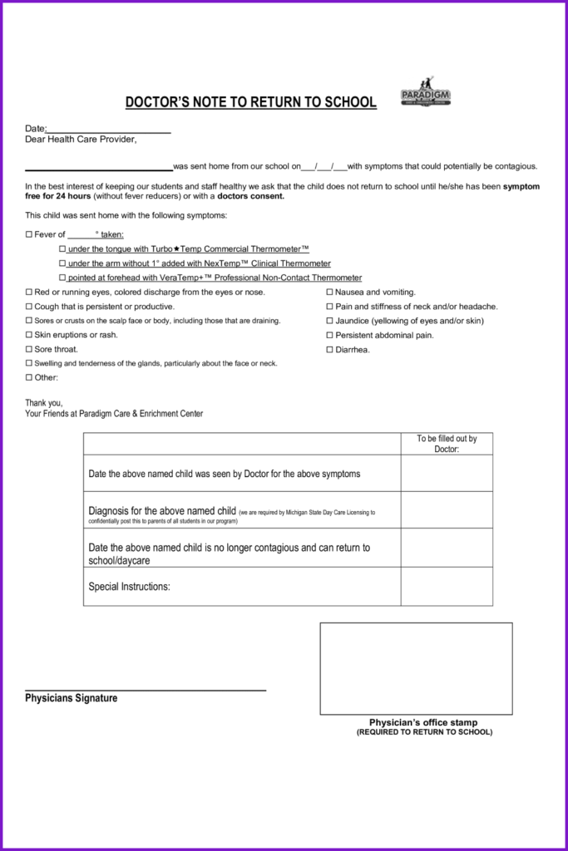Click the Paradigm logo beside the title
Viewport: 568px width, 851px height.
click(425, 93)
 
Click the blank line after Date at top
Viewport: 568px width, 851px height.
click(109, 129)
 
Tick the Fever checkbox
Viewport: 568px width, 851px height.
click(29, 235)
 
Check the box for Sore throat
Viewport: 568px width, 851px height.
click(29, 350)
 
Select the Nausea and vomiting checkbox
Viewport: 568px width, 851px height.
click(329, 293)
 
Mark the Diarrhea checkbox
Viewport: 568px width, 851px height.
click(329, 350)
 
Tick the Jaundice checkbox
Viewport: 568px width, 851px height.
click(329, 321)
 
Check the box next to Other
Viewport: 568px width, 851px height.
click(29, 378)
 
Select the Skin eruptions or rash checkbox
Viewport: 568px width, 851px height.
click(29, 336)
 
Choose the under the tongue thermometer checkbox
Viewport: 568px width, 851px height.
click(62, 249)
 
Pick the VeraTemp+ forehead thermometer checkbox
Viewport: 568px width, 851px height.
click(62, 278)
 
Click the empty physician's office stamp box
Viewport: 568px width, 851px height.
click(416, 668)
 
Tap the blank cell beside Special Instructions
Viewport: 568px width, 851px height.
click(447, 587)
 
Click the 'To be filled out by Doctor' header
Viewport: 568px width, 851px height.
click(447, 444)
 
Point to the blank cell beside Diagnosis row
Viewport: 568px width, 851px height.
click(447, 509)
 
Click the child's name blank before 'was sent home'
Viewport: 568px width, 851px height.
click(99, 166)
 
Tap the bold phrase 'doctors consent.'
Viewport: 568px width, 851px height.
click(251, 197)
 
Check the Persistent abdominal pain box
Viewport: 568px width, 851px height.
click(329, 336)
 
